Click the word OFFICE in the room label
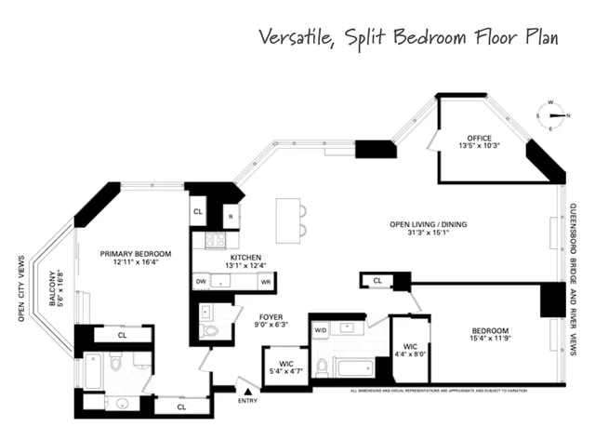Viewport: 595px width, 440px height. point(480,139)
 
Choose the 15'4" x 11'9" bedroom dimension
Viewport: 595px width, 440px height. point(489,340)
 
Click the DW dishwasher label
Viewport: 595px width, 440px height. point(201,280)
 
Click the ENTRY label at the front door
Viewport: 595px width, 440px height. point(247,401)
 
